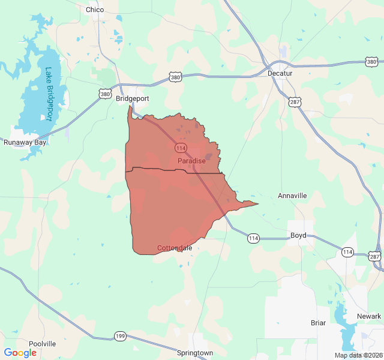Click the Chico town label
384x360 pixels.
[x=95, y=10]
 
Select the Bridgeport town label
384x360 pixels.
[x=132, y=98]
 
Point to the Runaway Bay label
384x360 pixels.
[x=25, y=142]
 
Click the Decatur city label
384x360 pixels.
[x=280, y=73]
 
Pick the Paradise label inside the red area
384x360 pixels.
[x=191, y=161]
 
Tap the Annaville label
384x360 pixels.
[x=292, y=196]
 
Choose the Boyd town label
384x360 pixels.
[x=298, y=235]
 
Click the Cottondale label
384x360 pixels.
[x=175, y=248]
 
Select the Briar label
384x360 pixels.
[x=318, y=323]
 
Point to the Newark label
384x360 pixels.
[x=369, y=316]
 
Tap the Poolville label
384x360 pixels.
[x=42, y=344]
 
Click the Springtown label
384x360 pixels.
[x=195, y=353]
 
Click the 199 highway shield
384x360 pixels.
[x=120, y=336]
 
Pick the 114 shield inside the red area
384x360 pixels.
[x=181, y=148]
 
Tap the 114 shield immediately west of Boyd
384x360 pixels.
[x=254, y=239]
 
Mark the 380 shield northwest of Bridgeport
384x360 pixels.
[x=106, y=94]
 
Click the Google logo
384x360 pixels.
[x=20, y=353]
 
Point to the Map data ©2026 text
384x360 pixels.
[x=358, y=355]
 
